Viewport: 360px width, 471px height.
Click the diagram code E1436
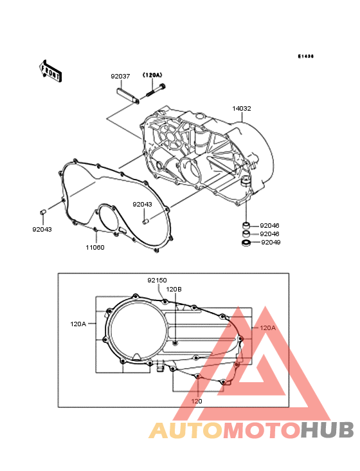[x=305, y=57]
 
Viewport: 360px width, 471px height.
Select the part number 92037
[x=120, y=76]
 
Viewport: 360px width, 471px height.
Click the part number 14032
[x=242, y=109]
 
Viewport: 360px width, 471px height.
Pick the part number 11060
[x=95, y=247]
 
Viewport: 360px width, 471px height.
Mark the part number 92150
[x=157, y=281]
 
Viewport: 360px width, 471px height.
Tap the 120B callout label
[x=174, y=290]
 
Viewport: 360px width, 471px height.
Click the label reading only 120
[x=197, y=401]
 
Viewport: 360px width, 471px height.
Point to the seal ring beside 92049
[x=246, y=243]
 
